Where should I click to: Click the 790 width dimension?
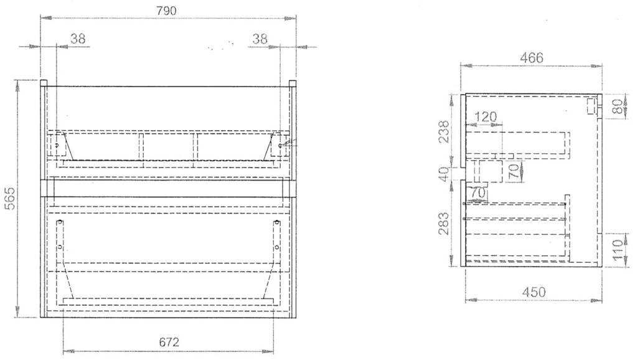(x=166, y=11)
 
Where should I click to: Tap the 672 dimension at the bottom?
(x=169, y=343)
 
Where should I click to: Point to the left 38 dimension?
(x=78, y=39)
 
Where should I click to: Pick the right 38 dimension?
(x=260, y=39)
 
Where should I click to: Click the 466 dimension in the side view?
(x=531, y=58)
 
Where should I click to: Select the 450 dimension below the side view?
(x=534, y=292)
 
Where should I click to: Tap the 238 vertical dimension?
(x=444, y=131)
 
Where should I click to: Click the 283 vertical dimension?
(x=444, y=224)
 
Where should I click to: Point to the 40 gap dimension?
(x=444, y=174)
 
